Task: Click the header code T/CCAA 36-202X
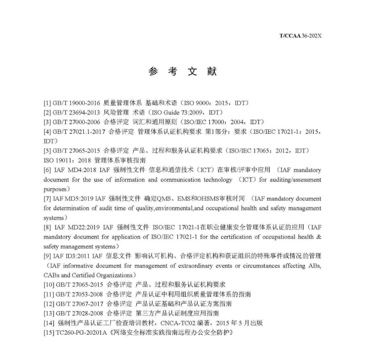click(x=300, y=35)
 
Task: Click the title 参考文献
click(x=182, y=71)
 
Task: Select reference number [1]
click(x=47, y=103)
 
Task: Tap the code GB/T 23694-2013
click(x=76, y=112)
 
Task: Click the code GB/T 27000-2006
click(x=76, y=122)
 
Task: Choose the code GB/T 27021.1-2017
click(x=79, y=131)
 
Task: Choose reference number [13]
click(x=49, y=313)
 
